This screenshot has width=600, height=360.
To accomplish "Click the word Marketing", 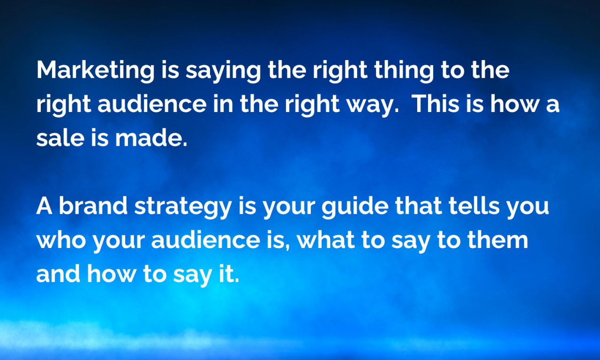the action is (95, 71).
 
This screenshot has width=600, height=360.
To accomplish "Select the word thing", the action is (404, 70).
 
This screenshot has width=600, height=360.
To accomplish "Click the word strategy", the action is (183, 207).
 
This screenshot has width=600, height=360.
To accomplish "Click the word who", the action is (61, 240).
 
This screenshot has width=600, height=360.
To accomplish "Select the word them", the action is (498, 240).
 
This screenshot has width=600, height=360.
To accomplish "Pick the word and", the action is (58, 274).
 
